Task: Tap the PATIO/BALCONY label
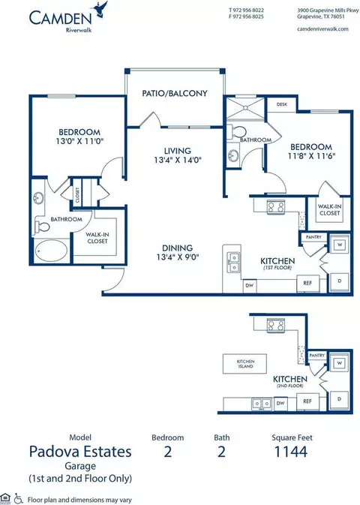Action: [175, 93]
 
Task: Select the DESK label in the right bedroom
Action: [282, 104]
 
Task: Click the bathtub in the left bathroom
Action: [51, 251]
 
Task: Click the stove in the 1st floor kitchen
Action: [276, 206]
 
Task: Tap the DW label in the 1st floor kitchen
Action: [249, 285]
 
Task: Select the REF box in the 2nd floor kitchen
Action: [307, 401]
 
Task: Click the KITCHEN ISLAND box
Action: [245, 364]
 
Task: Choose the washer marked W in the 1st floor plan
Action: [339, 245]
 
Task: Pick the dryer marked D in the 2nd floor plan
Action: [339, 399]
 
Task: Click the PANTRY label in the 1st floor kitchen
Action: [313, 237]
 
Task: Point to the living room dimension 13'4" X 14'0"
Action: [178, 160]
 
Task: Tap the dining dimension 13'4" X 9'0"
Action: [178, 257]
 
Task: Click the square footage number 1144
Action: [291, 452]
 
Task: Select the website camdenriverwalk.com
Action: [322, 29]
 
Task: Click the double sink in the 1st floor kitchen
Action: [233, 263]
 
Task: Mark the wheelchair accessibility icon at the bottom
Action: [18, 499]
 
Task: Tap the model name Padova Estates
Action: [80, 452]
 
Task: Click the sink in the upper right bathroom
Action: [232, 157]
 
